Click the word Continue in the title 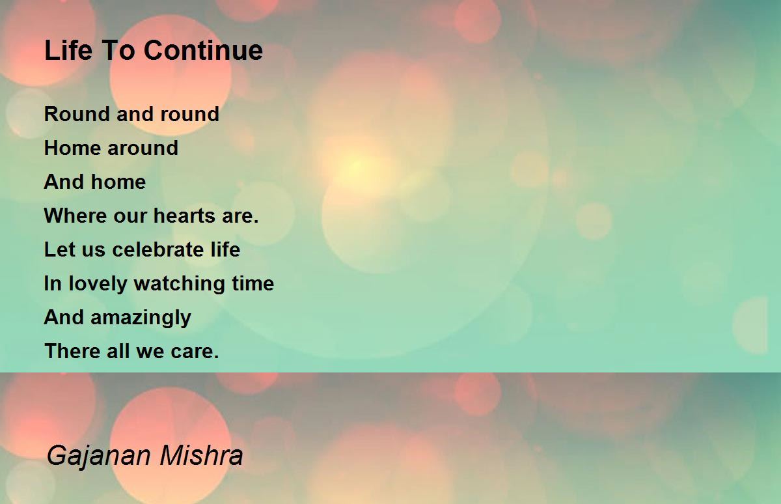click(203, 50)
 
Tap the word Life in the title click(69, 50)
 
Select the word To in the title click(118, 50)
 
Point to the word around click(143, 148)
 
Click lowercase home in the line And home click(118, 182)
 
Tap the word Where click(75, 216)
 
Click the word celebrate click(158, 249)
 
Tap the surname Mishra click(201, 455)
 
